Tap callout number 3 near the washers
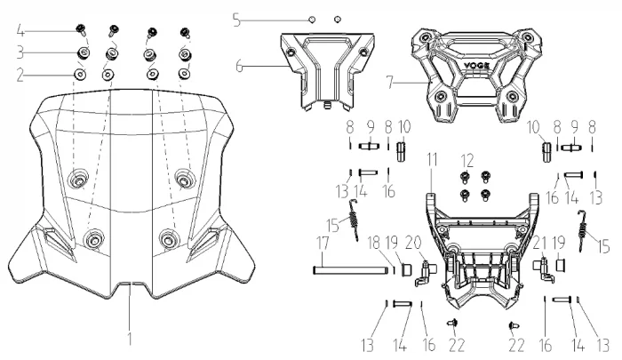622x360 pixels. [x=20, y=53]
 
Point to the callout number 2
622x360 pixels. [x=20, y=74]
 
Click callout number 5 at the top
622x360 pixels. [x=235, y=17]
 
